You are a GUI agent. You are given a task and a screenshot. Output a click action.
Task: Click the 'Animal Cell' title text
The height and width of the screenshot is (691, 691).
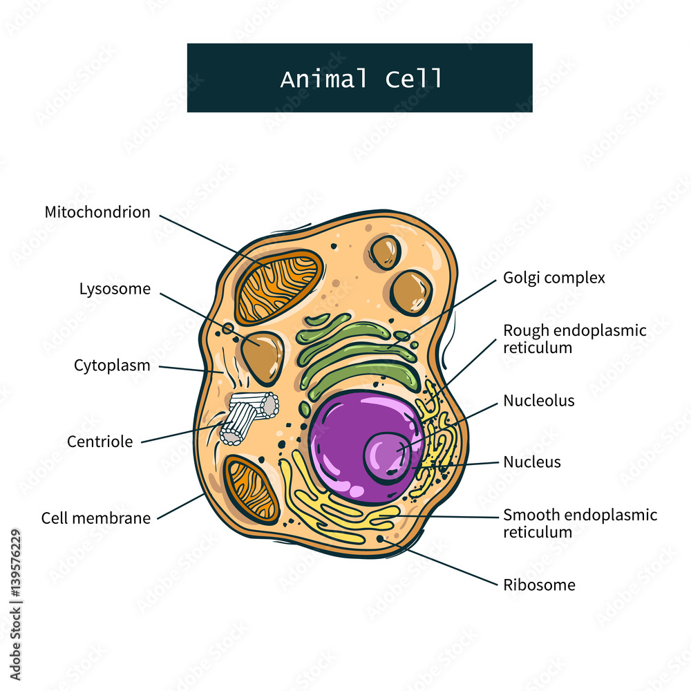click(x=361, y=78)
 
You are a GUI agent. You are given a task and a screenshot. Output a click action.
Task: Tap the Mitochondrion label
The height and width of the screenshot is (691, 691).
click(x=97, y=212)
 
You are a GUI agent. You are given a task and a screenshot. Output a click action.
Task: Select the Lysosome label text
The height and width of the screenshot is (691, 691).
click(x=115, y=289)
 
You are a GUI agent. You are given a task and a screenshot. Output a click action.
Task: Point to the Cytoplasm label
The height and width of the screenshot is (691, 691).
click(x=112, y=366)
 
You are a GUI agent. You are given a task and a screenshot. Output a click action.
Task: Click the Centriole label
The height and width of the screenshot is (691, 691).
click(x=100, y=442)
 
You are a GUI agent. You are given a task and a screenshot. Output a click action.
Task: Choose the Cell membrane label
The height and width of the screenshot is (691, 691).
click(x=96, y=518)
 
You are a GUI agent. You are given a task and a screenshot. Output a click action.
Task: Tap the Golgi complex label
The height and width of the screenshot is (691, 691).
click(x=554, y=278)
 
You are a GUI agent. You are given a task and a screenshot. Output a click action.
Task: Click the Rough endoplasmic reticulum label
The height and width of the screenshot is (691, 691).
click(x=575, y=339)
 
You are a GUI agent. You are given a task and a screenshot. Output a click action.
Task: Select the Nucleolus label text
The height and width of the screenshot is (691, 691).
click(x=539, y=401)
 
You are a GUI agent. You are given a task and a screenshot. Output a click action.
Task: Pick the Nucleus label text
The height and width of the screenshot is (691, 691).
click(x=532, y=462)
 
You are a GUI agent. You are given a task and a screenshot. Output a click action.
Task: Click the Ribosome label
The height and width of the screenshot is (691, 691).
click(x=539, y=585)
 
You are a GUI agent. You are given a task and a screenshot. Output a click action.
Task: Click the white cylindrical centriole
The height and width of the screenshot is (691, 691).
click(x=247, y=415)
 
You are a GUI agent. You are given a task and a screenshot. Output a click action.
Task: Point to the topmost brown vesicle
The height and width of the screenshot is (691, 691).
click(x=385, y=252)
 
